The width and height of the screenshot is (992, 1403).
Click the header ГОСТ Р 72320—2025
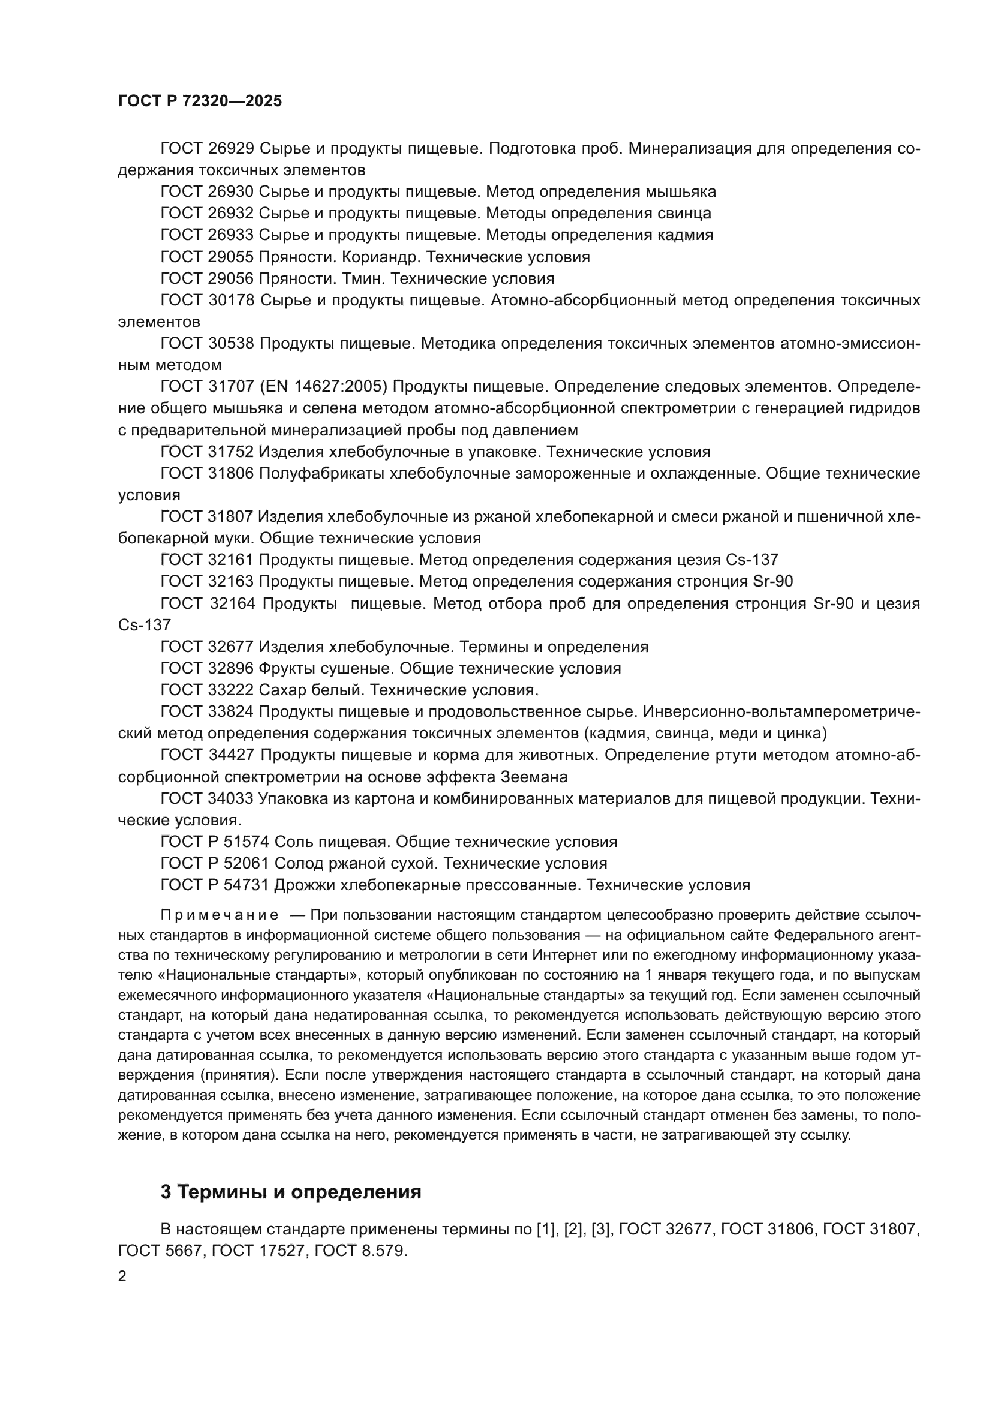[x=200, y=101]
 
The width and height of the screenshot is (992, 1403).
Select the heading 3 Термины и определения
[x=291, y=1192]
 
